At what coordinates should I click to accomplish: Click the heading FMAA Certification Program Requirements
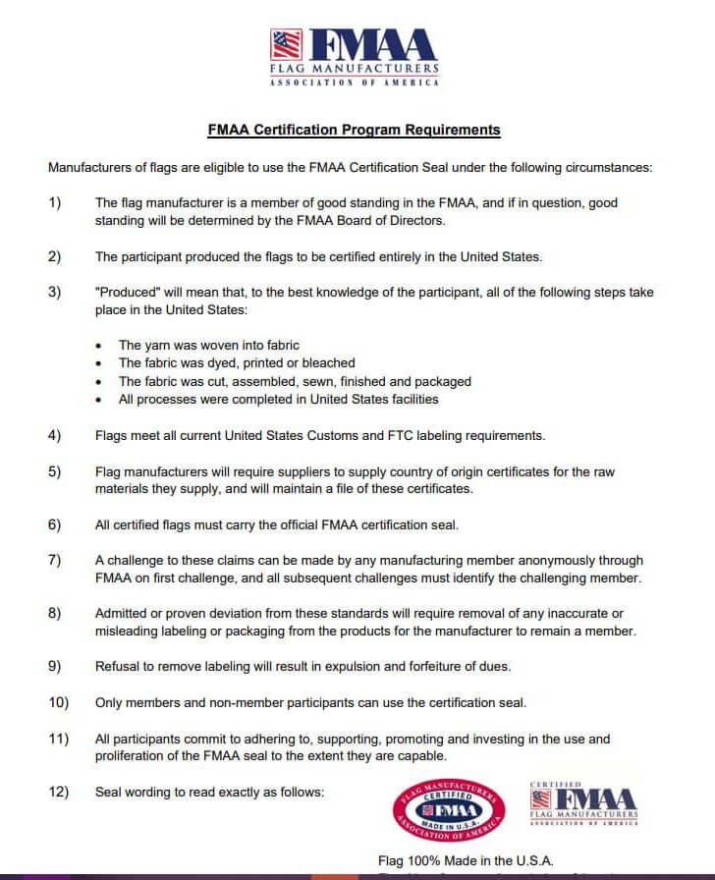point(354,129)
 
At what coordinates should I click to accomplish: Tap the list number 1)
point(54,203)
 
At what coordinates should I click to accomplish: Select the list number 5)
point(54,471)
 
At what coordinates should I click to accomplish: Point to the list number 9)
point(54,666)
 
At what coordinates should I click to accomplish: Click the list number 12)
point(57,792)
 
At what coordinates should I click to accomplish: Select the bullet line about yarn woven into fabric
point(208,345)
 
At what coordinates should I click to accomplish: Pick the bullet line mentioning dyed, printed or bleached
point(237,362)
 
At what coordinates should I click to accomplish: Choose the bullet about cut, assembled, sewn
point(295,381)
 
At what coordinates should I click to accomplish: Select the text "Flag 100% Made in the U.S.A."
point(466,861)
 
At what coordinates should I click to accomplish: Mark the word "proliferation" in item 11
point(133,755)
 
